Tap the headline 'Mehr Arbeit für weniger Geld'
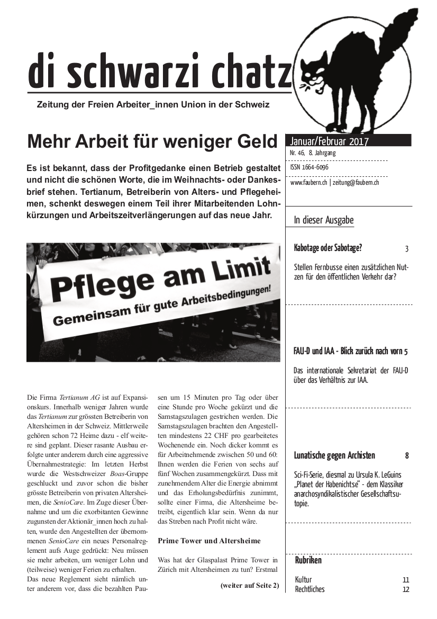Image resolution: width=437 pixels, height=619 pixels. pyautogui.click(x=152, y=141)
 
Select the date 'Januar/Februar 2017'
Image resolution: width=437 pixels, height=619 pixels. pyautogui.click(x=329, y=141)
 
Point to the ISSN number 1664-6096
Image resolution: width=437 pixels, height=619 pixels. pyautogui.click(x=309, y=167)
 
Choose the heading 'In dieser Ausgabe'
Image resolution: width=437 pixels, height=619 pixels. pyautogui.click(x=324, y=220)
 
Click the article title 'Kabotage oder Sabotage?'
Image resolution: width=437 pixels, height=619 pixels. pyautogui.click(x=328, y=248)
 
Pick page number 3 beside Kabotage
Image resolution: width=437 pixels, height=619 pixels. pyautogui.click(x=406, y=248)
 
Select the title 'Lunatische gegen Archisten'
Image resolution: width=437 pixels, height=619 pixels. pyautogui.click(x=334, y=455)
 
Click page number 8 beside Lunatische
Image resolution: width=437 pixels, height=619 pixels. pyautogui.click(x=406, y=455)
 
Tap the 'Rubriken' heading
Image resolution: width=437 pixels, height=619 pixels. pyautogui.click(x=308, y=560)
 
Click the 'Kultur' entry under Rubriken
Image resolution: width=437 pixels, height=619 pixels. pyautogui.click(x=303, y=579)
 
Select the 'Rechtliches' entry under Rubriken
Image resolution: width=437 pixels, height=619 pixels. pyautogui.click(x=309, y=589)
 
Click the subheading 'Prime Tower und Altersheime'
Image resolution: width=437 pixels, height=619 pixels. pyautogui.click(x=209, y=541)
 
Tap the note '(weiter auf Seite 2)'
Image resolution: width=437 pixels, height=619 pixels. pyautogui.click(x=249, y=585)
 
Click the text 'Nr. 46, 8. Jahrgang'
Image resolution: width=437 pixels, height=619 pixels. pyautogui.click(x=313, y=153)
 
